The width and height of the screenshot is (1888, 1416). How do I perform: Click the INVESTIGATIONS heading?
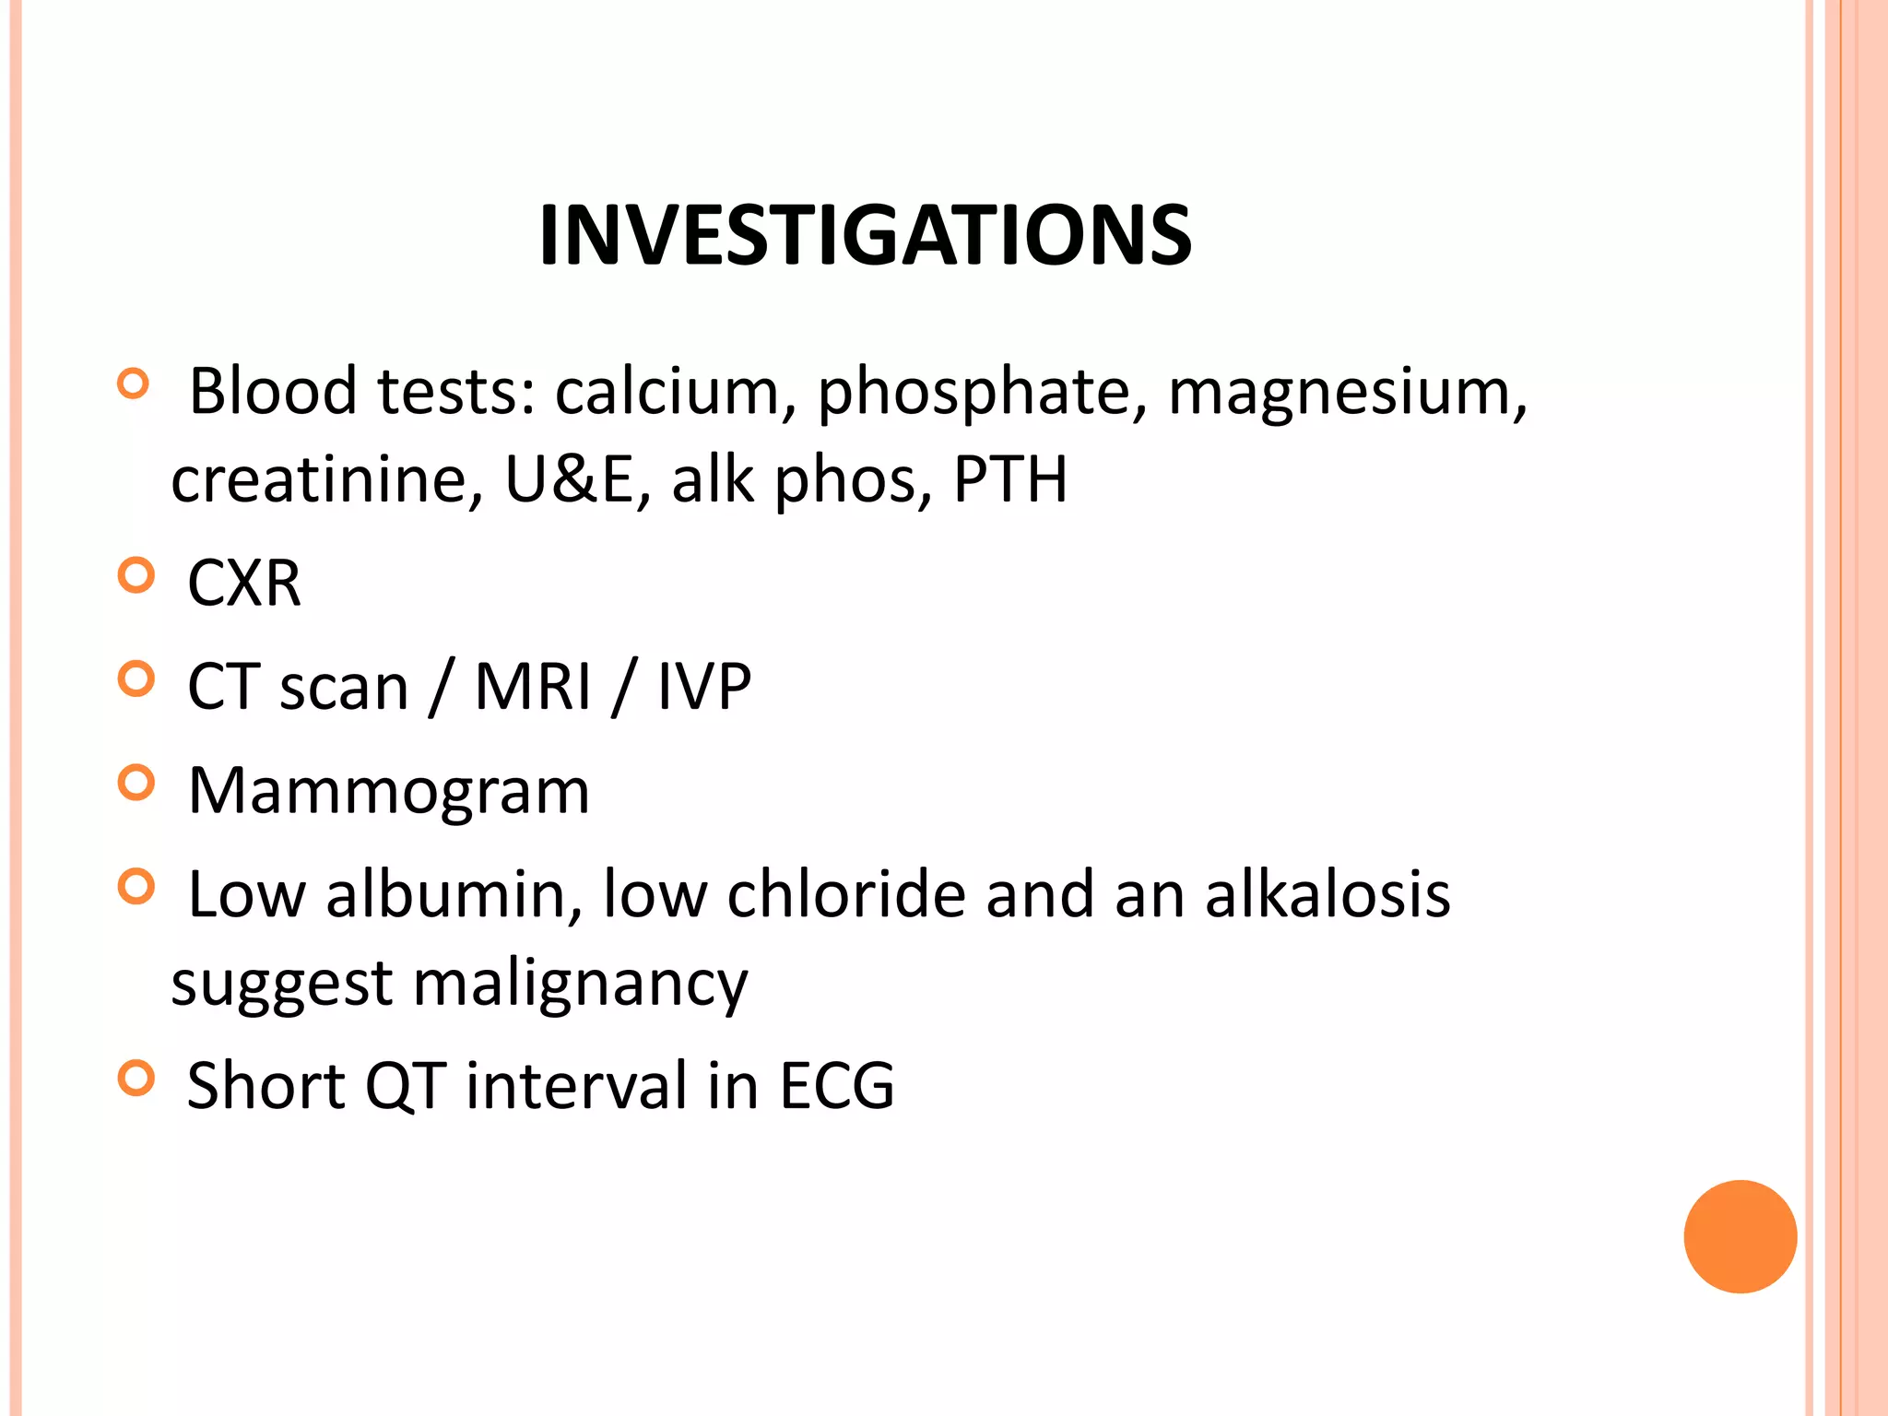click(865, 235)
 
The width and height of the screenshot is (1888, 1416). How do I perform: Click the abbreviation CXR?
click(244, 584)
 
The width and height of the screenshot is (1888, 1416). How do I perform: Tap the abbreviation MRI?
click(532, 687)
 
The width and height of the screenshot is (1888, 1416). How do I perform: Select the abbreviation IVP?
click(704, 687)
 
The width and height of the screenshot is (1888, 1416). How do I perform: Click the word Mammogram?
click(388, 791)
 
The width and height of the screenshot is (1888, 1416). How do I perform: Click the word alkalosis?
click(1327, 894)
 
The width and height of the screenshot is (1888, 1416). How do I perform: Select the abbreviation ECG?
click(837, 1086)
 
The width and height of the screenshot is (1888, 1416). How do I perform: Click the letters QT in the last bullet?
click(406, 1086)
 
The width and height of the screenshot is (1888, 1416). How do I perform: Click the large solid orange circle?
click(1740, 1236)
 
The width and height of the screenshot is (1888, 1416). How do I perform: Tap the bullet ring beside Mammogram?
click(136, 784)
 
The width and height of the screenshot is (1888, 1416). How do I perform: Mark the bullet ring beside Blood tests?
click(134, 384)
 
